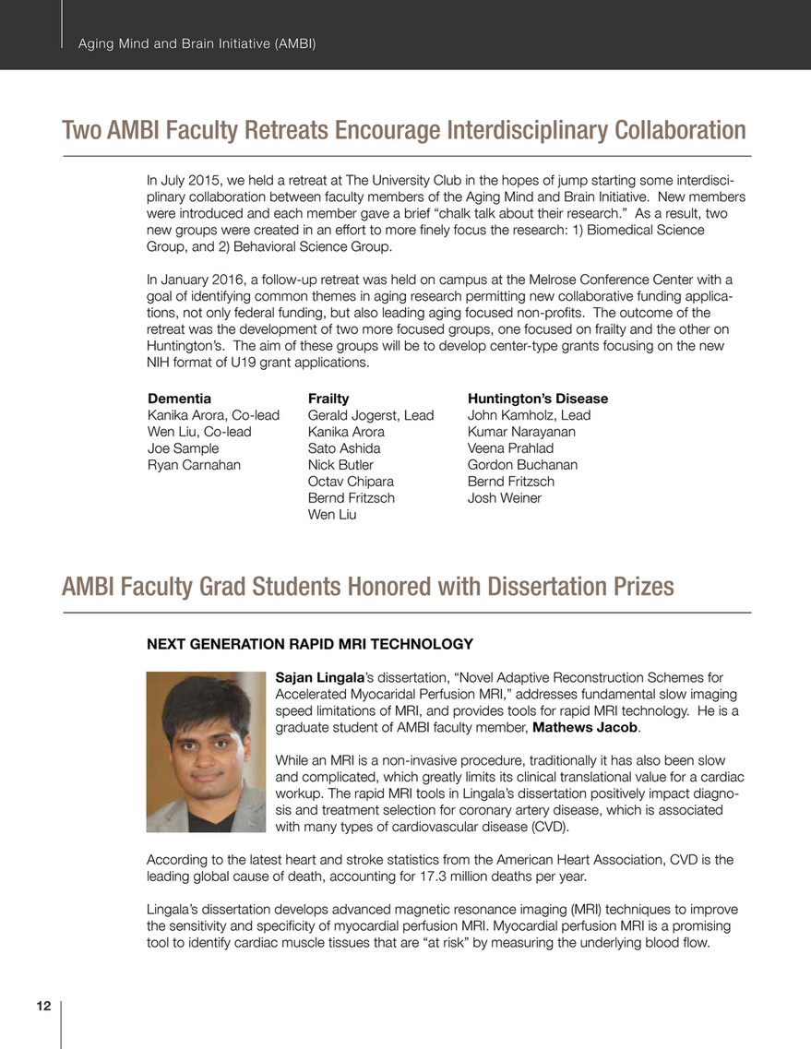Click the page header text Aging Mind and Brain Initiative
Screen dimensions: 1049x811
coord(197,43)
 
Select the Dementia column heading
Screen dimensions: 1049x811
coord(179,399)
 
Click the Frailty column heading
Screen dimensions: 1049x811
coord(328,399)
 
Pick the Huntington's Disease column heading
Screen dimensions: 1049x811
coord(538,399)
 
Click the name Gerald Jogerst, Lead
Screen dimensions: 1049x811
coord(371,415)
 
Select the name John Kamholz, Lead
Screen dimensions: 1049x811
coord(530,415)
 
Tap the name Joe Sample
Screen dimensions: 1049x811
coord(184,448)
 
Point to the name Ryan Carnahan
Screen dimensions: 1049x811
coord(194,465)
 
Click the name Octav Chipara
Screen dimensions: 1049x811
coord(351,482)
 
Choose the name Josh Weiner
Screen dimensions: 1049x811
coord(505,498)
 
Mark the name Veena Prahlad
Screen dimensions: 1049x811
coord(511,448)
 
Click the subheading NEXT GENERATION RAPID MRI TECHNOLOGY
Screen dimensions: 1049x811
coord(310,644)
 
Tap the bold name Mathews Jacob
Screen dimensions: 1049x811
coord(586,729)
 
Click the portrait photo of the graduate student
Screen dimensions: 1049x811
coord(207,752)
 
